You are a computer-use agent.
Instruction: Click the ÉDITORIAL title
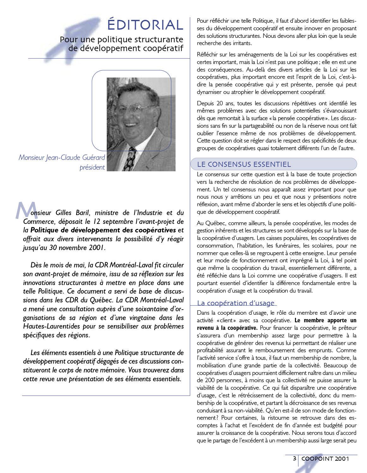tap(145, 25)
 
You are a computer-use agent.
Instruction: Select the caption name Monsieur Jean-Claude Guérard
tap(62, 157)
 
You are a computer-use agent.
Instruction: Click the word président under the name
tap(92, 167)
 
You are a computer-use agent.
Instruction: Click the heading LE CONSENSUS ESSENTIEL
tap(244, 164)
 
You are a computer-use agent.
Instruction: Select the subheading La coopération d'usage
tap(236, 303)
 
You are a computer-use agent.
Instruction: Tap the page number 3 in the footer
tap(294, 458)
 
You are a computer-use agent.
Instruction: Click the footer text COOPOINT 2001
tap(325, 458)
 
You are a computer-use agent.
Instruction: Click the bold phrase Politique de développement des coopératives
tap(103, 230)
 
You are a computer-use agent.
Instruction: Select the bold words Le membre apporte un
tap(325, 320)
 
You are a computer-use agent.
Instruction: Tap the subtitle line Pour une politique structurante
tap(122, 39)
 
